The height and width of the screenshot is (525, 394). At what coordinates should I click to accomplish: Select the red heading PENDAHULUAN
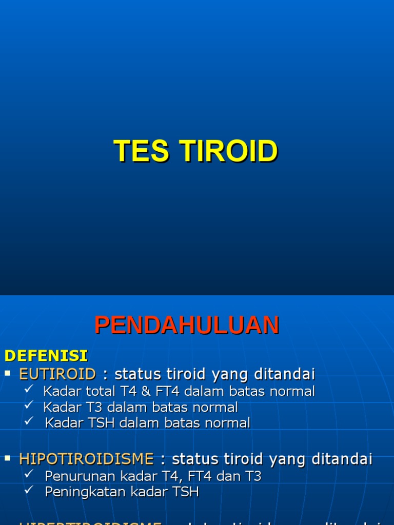tap(187, 326)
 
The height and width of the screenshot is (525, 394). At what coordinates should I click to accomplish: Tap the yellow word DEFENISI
tap(46, 355)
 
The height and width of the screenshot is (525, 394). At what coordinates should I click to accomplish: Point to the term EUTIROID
tap(57, 374)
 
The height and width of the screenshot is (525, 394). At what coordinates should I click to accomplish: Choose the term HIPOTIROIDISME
tap(86, 459)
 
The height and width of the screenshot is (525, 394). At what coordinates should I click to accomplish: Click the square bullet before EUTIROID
tap(8, 373)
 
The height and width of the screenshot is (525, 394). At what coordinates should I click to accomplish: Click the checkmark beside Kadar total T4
tap(29, 390)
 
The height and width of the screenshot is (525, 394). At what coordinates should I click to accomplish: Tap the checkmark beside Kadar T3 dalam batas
tap(29, 406)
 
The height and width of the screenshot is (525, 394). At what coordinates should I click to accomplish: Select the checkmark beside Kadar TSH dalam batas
tap(29, 421)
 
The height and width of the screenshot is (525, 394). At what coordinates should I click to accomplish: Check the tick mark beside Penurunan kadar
tap(29, 475)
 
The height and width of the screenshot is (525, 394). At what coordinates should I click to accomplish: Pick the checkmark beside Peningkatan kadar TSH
tap(29, 491)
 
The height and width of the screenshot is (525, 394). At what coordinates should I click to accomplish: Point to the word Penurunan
tap(74, 476)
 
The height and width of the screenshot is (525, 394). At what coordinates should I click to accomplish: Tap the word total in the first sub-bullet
tap(100, 392)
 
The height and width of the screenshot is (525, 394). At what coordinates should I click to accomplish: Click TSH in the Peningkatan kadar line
tap(186, 492)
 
